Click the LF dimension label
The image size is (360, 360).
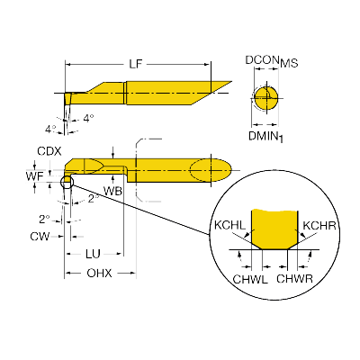(x=135, y=64)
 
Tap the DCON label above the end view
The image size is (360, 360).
(x=261, y=60)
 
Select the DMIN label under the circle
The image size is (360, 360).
(x=263, y=136)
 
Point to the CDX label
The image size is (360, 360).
(x=49, y=151)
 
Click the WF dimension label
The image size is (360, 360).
(x=35, y=176)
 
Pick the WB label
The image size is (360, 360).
(x=112, y=191)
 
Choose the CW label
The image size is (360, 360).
(x=40, y=237)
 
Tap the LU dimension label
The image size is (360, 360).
(x=93, y=254)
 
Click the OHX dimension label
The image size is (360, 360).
(x=99, y=274)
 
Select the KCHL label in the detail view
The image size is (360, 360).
(x=229, y=225)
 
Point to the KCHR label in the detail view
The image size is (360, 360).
(x=319, y=225)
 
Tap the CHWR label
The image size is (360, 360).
(x=294, y=279)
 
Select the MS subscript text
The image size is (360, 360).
(x=289, y=63)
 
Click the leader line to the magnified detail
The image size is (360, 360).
(x=141, y=210)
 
